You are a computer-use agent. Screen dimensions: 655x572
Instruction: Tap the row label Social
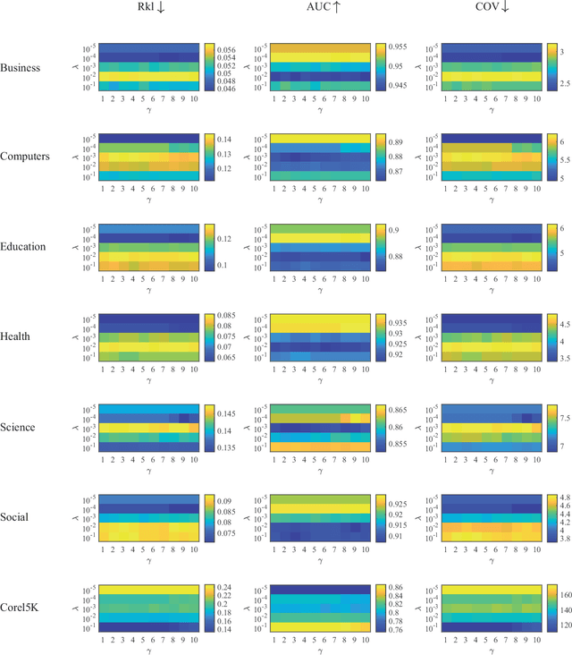click(17, 517)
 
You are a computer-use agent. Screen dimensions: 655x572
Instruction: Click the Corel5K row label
click(21, 608)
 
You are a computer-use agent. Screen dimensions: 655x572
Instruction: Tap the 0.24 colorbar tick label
click(228, 588)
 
